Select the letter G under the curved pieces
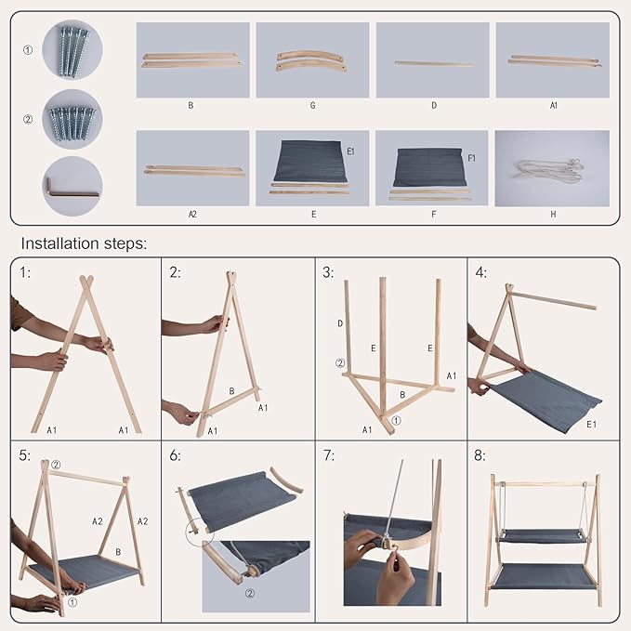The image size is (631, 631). coord(312,105)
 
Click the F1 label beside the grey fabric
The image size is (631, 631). coord(472,158)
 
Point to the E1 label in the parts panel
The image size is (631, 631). coord(351,151)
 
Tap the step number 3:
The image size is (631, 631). coord(328,272)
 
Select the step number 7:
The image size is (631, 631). coord(329,455)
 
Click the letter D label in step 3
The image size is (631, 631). coord(340,323)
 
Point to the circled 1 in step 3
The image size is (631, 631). coord(397,421)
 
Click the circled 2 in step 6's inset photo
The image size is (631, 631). coord(250,593)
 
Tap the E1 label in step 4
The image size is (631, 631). coord(592,424)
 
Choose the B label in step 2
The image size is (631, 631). coord(231,390)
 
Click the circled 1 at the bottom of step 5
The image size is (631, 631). coord(72,602)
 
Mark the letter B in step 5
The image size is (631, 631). coord(118,552)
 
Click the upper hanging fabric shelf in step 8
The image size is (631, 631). coord(543,536)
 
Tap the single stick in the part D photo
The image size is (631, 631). coord(434,63)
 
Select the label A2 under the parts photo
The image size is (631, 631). coord(192,214)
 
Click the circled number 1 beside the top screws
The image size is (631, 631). coord(28,50)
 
